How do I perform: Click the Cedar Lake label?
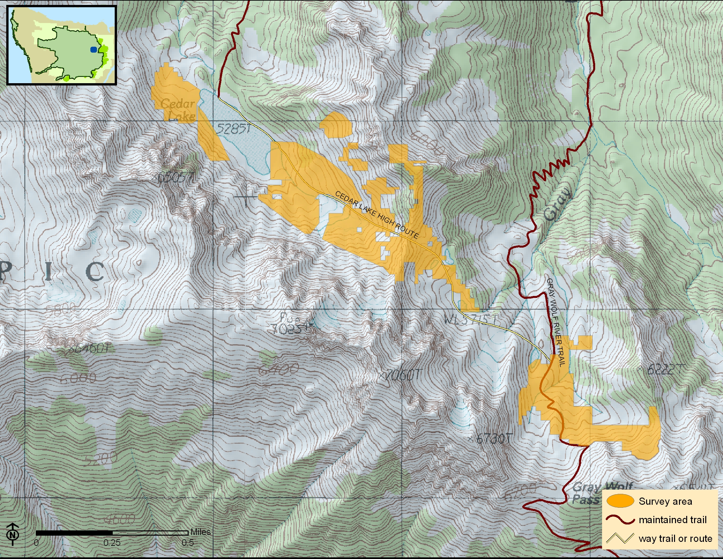tap(178, 109)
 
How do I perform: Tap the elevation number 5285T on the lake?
tap(233, 129)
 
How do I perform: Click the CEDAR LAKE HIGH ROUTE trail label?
tap(377, 215)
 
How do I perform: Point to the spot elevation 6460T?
tap(91, 348)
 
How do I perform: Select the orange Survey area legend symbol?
tap(620, 501)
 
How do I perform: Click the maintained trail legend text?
tap(673, 520)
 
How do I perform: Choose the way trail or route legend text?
tap(675, 539)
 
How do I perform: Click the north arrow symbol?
tap(12, 534)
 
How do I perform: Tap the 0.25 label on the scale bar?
tap(111, 543)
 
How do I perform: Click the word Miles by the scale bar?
tap(200, 532)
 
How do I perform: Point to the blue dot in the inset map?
tap(94, 50)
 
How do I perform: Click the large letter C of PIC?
tap(95, 272)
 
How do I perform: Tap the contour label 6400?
tap(279, 369)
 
